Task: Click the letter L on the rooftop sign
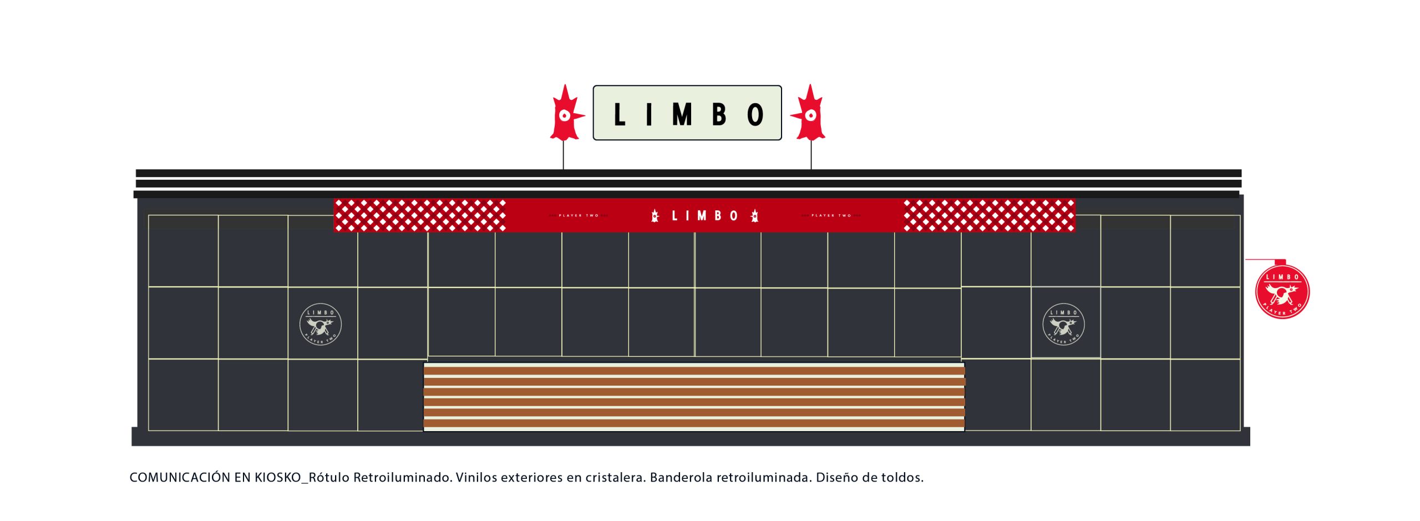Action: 620,115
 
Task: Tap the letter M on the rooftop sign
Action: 682,115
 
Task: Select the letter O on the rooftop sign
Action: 755,115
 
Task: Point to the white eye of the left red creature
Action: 564,115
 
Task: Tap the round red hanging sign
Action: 1282,292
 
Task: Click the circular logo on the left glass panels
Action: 321,324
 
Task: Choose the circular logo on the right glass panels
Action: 1063,324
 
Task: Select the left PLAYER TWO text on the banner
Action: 579,215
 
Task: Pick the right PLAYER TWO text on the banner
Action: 831,215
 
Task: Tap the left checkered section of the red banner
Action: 420,215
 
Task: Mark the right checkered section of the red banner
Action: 989,215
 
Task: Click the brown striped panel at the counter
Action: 694,397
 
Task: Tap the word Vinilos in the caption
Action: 476,478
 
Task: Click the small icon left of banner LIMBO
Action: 655,216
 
